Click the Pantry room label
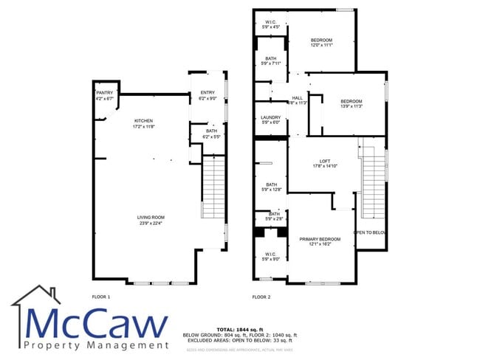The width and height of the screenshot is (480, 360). click(x=104, y=93)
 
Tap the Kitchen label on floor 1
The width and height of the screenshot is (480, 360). click(x=143, y=121)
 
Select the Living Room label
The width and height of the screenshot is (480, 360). click(x=150, y=218)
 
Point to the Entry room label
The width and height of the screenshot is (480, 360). click(x=207, y=93)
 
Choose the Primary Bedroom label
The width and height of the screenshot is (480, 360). click(x=320, y=240)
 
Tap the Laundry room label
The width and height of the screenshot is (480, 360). click(x=270, y=118)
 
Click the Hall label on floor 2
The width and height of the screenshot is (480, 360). click(x=298, y=98)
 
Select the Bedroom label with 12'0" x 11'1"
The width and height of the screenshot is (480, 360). click(x=321, y=40)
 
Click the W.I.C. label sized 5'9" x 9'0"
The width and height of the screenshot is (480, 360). click(x=270, y=255)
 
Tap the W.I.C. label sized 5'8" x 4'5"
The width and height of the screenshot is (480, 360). click(x=271, y=22)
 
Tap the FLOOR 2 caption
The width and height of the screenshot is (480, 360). click(x=261, y=297)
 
